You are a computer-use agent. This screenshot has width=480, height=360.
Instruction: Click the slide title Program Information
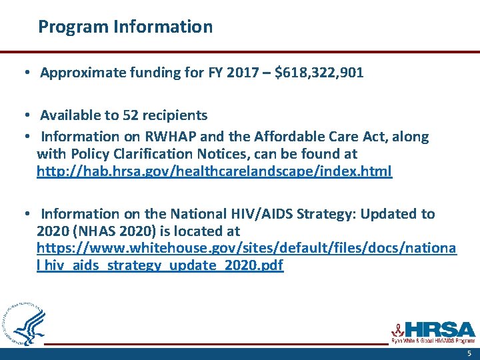pos(125,27)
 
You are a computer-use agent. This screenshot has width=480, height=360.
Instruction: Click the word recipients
pos(174,115)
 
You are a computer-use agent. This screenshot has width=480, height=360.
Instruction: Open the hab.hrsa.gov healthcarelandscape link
pos(214,171)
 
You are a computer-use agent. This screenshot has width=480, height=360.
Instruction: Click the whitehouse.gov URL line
pos(246,248)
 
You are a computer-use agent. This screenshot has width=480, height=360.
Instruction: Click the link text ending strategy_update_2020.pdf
pos(160,265)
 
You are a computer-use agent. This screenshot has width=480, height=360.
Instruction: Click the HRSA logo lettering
pos(440,329)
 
